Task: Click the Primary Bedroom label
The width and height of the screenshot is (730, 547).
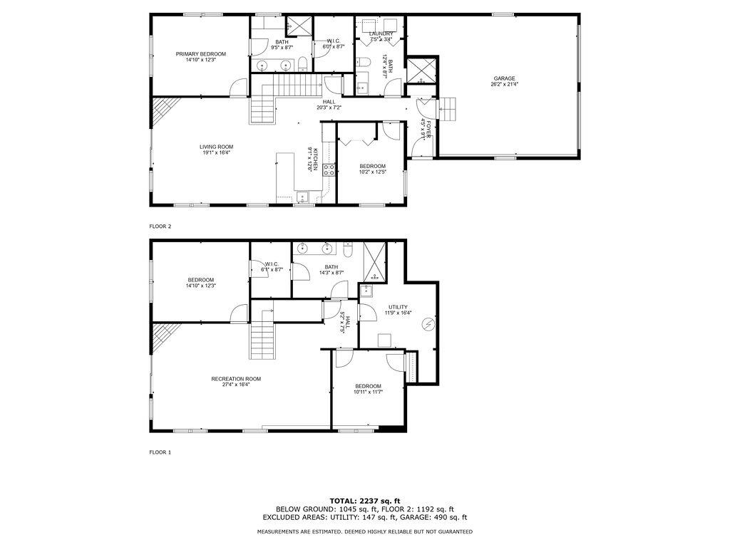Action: pos(201,54)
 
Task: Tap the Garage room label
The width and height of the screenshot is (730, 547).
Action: pos(504,78)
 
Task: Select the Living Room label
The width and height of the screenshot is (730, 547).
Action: pos(216,147)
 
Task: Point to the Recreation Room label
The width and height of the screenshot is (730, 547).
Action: pos(236,379)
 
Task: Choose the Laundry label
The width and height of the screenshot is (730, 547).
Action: pos(381,33)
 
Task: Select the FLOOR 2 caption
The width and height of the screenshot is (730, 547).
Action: pos(160,226)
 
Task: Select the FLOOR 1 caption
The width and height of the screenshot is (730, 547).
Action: pos(160,452)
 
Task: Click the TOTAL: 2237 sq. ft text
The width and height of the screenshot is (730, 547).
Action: pos(364,500)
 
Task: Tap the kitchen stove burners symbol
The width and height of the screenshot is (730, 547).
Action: pos(329,170)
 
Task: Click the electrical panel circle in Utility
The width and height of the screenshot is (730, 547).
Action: pos(428,324)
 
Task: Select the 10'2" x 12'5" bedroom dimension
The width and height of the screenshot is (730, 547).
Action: pos(372,172)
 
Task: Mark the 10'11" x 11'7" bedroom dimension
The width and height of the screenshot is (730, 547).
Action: pos(369,392)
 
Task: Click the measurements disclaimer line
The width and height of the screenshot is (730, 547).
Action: pos(364,532)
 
